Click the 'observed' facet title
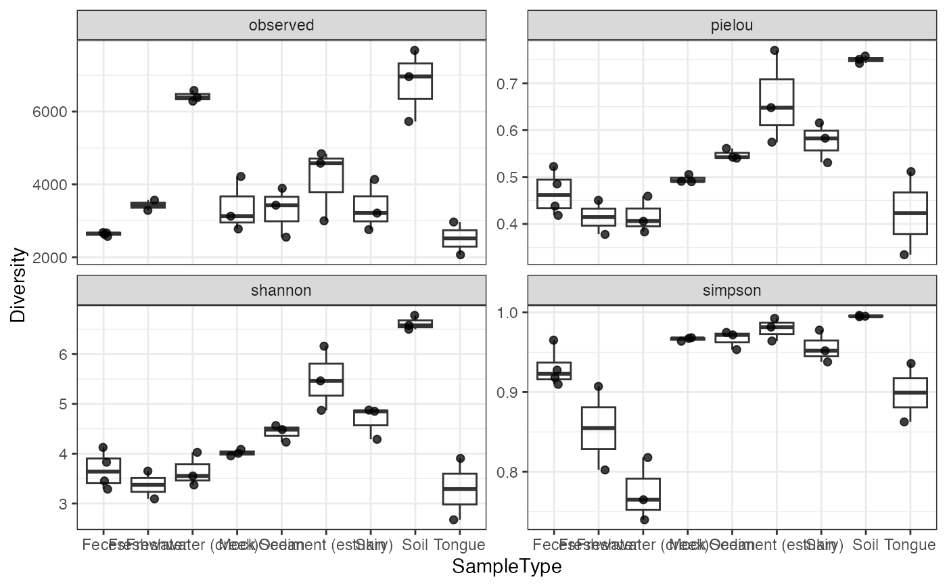[x=281, y=26]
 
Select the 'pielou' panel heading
[x=732, y=26]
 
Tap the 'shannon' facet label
[x=281, y=290]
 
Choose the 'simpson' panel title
[x=732, y=290]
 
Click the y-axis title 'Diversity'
[x=18, y=284]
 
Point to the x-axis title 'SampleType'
[x=507, y=566]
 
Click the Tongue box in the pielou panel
[x=910, y=213]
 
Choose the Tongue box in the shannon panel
[x=459, y=489]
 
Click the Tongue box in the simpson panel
[x=910, y=392]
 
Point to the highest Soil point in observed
[x=415, y=51]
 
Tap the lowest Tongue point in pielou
[x=903, y=254]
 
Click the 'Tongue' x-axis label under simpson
[x=910, y=545]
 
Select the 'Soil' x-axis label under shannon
[x=415, y=545]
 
